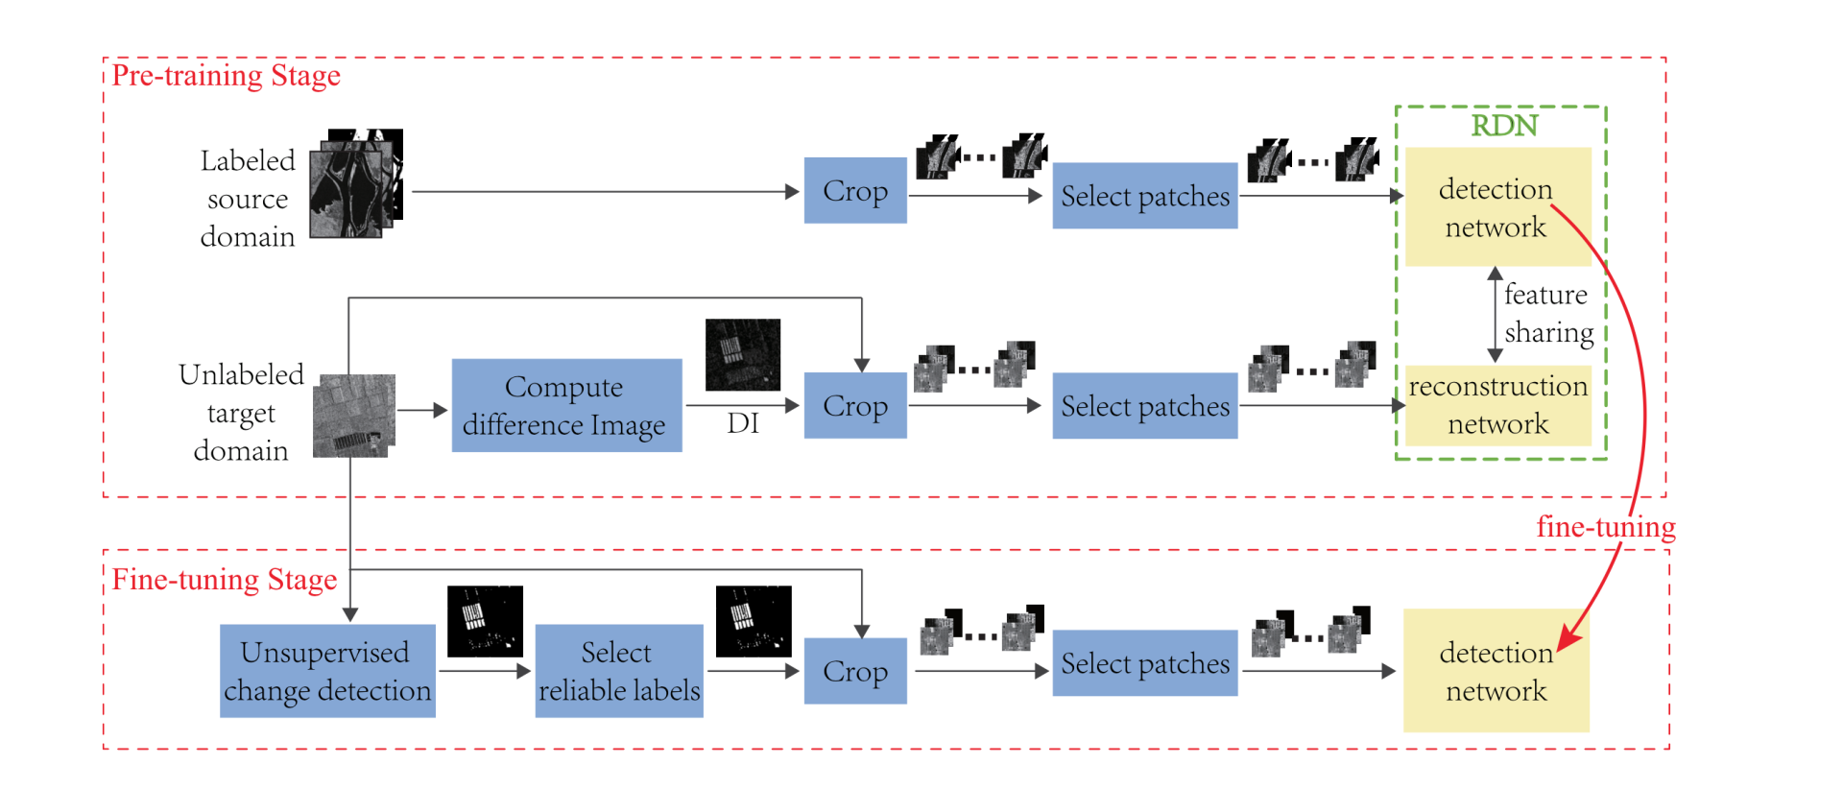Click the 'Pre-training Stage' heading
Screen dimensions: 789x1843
tap(226, 76)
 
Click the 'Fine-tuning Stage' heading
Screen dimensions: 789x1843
tap(224, 580)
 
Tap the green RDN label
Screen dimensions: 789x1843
tap(1504, 126)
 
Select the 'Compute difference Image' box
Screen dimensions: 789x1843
tap(566, 405)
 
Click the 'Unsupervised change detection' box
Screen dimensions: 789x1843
tap(327, 671)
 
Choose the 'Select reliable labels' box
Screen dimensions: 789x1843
tap(619, 671)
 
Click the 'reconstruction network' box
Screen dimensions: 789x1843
tap(1497, 405)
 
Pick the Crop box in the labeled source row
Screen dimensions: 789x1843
tap(855, 191)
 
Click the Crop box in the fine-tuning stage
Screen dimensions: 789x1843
tap(855, 671)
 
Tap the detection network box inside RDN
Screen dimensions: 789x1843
tap(1496, 207)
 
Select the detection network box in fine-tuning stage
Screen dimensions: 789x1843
tap(1496, 671)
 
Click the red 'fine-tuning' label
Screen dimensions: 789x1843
tap(1605, 527)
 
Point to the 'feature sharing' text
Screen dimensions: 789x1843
tap(1546, 314)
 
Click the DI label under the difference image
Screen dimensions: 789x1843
tap(743, 423)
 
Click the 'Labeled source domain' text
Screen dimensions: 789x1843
tap(248, 199)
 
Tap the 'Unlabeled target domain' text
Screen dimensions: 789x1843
tap(241, 413)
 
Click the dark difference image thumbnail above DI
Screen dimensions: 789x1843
tap(743, 355)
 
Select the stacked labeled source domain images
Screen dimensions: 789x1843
tap(356, 184)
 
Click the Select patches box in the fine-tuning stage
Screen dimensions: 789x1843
tap(1144, 663)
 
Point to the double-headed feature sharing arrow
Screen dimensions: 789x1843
tap(1495, 315)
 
